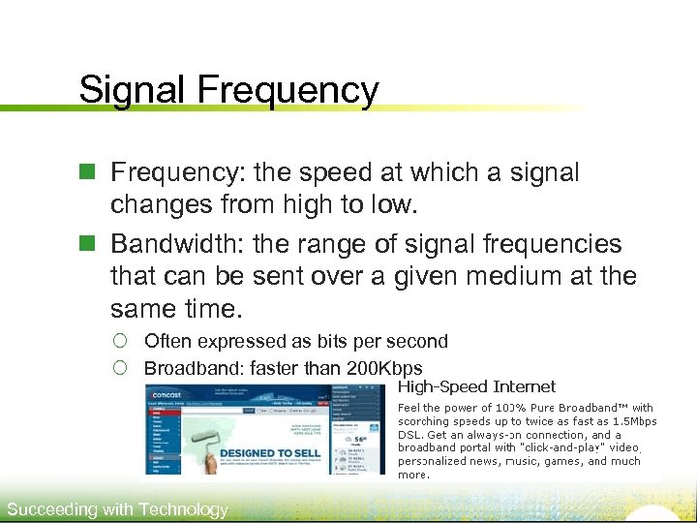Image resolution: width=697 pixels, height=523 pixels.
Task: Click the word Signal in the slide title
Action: click(134, 90)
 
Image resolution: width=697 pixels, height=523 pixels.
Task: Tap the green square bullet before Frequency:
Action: click(86, 173)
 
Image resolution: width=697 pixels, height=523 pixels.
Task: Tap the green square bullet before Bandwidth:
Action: click(86, 244)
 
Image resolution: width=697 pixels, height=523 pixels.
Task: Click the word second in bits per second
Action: click(416, 341)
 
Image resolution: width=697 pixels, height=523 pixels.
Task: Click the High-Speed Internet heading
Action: click(477, 387)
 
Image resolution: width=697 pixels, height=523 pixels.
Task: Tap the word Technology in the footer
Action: click(183, 509)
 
